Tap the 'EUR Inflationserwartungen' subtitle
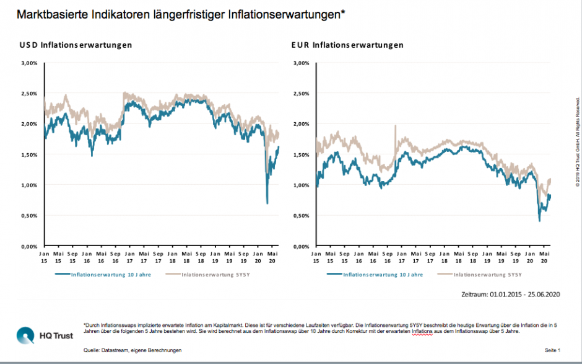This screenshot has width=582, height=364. tap(347, 45)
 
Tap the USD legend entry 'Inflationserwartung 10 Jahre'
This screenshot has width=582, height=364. tap(109, 274)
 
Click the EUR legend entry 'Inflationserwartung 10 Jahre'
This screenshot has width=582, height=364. tap(382, 274)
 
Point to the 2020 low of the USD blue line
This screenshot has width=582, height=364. tap(267, 203)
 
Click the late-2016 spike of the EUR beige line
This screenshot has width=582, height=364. tap(395, 126)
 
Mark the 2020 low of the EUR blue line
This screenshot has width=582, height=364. tap(539, 221)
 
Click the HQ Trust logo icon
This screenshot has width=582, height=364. tap(26, 336)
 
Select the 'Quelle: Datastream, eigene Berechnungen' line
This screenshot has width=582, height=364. tap(132, 350)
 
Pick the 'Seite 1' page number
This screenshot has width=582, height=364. tap(552, 350)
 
